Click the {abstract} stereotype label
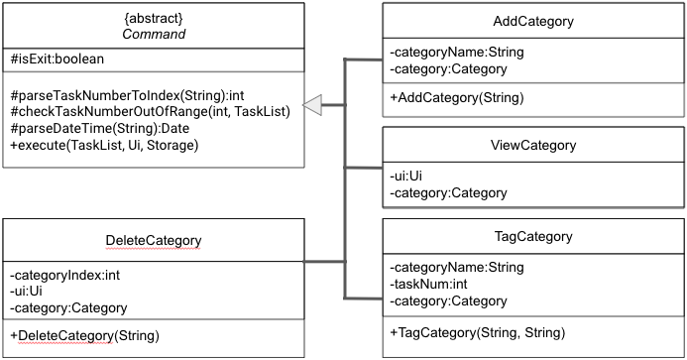coord(153,19)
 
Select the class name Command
coord(153,35)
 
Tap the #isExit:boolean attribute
coord(58,60)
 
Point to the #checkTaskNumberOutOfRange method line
coord(150,112)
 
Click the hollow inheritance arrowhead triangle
coord(313,103)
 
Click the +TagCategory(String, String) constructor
coord(477,331)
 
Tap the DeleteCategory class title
coord(153,241)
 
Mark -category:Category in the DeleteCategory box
coord(68,307)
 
